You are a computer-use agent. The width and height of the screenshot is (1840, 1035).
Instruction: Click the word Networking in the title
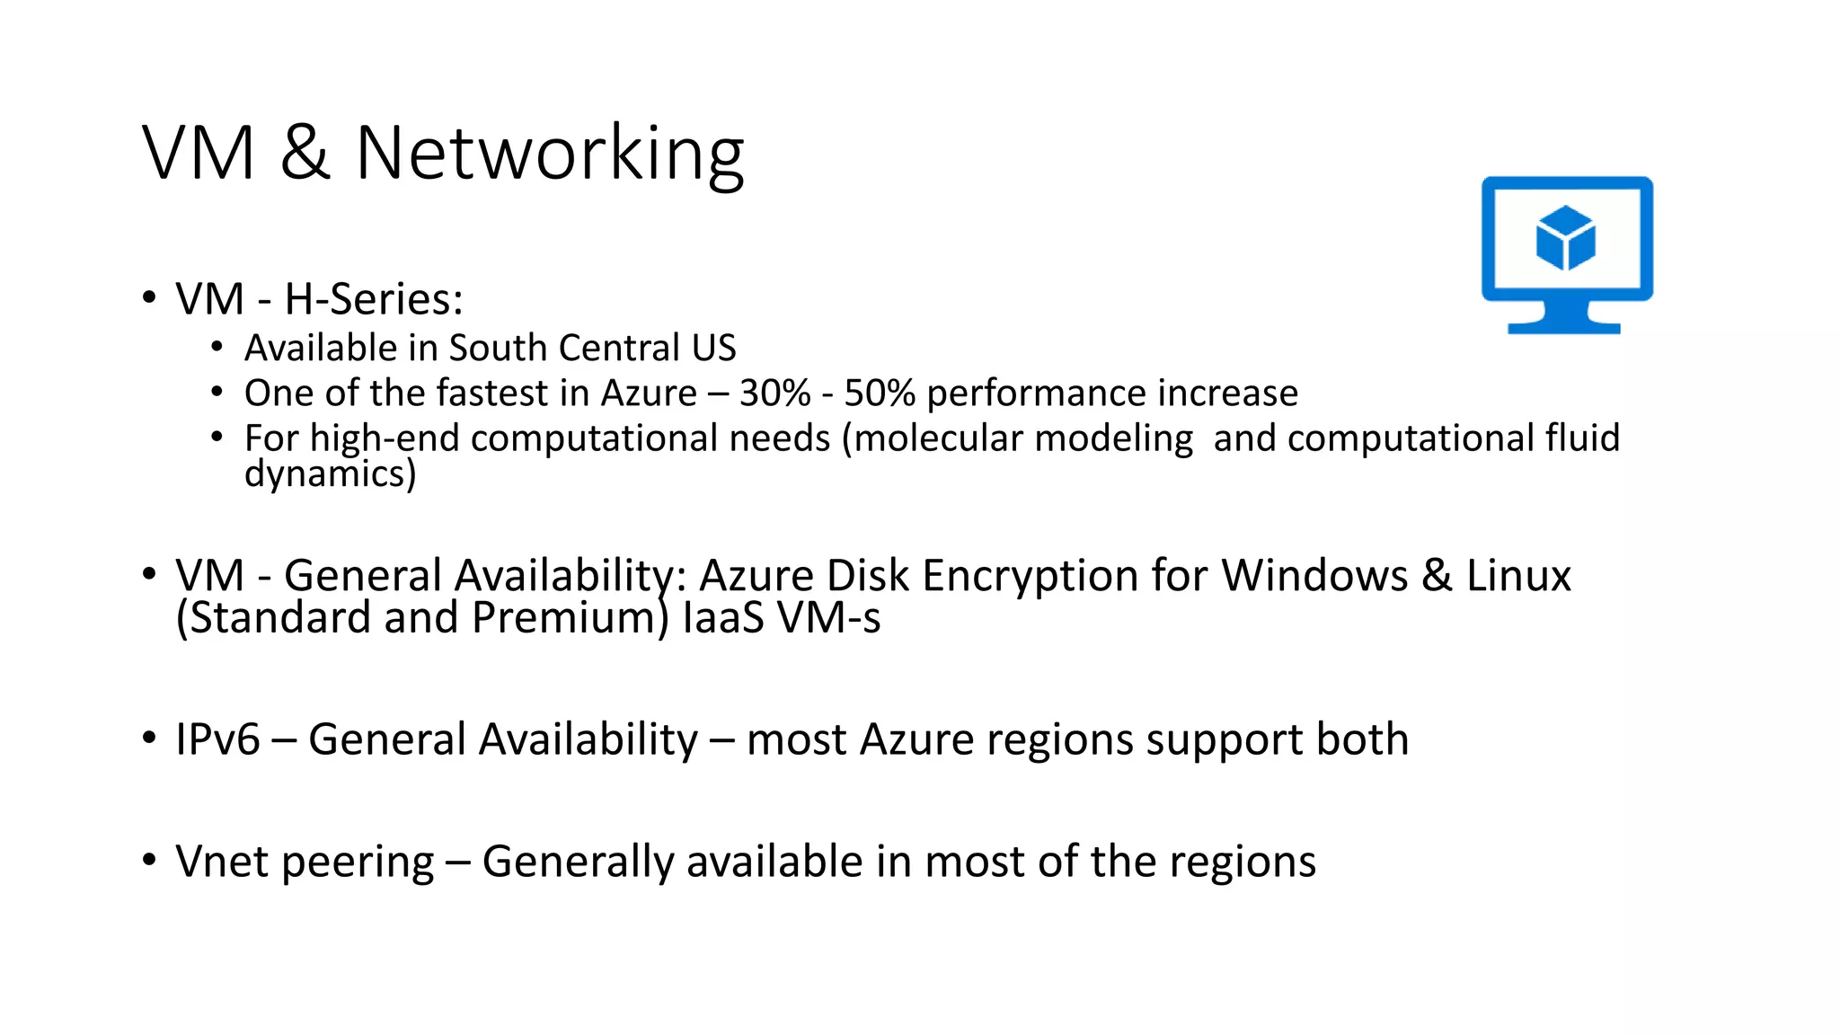[x=550, y=154]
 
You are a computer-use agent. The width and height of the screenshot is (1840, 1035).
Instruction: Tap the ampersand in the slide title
[x=305, y=154]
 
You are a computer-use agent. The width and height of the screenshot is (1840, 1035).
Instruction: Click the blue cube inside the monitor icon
[x=1566, y=237]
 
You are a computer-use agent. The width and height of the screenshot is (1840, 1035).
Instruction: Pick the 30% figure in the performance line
[x=774, y=394]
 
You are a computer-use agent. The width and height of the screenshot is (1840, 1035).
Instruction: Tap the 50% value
[x=880, y=394]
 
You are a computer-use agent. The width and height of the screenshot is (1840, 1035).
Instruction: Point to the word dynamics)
[x=330, y=474]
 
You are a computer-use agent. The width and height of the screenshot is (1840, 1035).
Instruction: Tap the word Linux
[x=1518, y=576]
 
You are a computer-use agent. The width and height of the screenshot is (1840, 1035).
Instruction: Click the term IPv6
[x=217, y=740]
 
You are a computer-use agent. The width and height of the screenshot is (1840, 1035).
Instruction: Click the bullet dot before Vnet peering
[x=149, y=860]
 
